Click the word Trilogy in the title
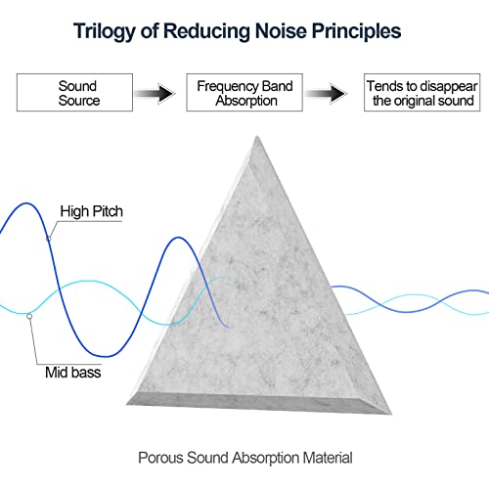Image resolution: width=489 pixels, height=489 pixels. coord(104,31)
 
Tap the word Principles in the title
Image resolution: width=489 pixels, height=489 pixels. coord(356,31)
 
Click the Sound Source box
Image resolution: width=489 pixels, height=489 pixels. coord(74,93)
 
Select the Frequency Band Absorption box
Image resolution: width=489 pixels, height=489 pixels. coord(244,93)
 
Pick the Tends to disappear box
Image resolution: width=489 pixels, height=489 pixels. coord(422,93)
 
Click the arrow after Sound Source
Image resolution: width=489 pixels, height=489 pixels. coord(155,93)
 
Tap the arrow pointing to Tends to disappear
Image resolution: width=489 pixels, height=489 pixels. coord(326,93)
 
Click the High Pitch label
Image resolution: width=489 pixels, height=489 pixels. coord(92,211)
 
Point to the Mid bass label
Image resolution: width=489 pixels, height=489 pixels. coord(73,373)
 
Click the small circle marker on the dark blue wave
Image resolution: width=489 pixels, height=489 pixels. coord(49,239)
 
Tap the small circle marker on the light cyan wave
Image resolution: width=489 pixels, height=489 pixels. coord(29,316)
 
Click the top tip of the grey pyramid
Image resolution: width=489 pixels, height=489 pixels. coord(257,136)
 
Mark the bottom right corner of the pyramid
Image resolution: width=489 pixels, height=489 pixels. coord(391,414)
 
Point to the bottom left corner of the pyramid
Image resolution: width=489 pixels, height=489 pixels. coord(126,405)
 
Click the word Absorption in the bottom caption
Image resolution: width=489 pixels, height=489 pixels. coord(266,459)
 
